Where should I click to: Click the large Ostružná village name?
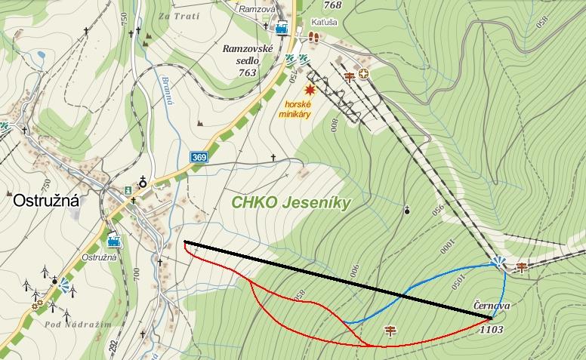(45, 202)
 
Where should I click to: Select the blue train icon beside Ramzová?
(282, 29)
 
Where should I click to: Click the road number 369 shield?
(199, 157)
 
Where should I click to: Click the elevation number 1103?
(491, 329)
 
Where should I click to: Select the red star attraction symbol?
(308, 89)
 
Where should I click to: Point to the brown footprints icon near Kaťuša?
(313, 35)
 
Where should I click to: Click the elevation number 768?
(332, 6)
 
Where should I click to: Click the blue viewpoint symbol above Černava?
(498, 262)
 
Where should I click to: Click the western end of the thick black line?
(185, 242)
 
